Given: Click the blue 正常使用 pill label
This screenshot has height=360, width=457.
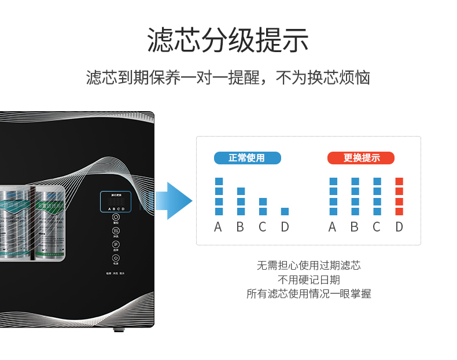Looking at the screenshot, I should [x=247, y=158].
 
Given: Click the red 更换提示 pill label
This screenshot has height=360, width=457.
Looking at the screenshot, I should [x=361, y=158].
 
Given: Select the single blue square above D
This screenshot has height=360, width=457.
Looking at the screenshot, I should [x=285, y=211].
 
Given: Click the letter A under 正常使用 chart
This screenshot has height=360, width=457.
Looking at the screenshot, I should [x=218, y=227].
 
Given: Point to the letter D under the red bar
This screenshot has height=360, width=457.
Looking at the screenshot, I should [x=399, y=227].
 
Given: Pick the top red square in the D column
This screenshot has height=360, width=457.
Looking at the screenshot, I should [x=399, y=182].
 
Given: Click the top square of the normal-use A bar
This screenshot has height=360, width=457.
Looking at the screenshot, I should [x=219, y=182].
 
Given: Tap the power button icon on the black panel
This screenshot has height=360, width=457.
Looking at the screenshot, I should [x=116, y=259].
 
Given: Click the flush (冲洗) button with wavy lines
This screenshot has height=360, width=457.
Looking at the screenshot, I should [x=116, y=231].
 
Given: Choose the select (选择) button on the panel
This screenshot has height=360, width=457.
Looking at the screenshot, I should [x=116, y=245].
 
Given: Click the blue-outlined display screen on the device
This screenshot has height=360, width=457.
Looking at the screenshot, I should [x=115, y=202].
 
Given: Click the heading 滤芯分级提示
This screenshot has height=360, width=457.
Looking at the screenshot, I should [x=228, y=40].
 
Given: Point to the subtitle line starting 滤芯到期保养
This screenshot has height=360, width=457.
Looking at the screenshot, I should [x=228, y=78].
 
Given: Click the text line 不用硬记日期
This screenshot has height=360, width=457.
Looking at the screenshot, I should [x=308, y=280].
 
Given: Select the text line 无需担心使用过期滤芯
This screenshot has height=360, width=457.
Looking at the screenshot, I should [x=308, y=266].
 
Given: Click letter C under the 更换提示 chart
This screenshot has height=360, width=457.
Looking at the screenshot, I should [x=377, y=227].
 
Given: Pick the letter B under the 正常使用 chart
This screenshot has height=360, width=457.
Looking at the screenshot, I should [x=240, y=227].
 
